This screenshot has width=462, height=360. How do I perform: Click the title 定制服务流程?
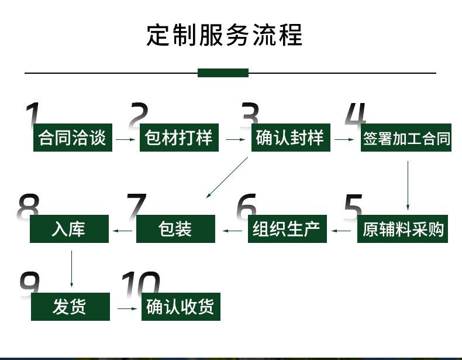[x=225, y=35]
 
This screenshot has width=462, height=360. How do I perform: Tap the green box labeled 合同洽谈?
[x=73, y=138]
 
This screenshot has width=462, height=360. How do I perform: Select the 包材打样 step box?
[x=179, y=138]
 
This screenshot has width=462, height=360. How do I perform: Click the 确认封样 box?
[x=291, y=138]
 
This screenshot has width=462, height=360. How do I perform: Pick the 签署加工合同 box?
[x=406, y=138]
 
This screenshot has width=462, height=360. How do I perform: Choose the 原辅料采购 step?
[x=402, y=229]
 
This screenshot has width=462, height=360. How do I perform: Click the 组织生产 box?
[x=287, y=229]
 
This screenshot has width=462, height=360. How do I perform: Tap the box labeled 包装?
[x=175, y=229]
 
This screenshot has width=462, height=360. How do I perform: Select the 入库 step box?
[x=69, y=229]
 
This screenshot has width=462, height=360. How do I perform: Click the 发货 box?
[x=70, y=307]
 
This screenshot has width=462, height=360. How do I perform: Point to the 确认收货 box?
[x=181, y=307]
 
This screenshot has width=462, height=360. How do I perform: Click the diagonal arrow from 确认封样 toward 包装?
[x=227, y=177]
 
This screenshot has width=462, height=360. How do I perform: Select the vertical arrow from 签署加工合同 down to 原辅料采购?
[x=408, y=186]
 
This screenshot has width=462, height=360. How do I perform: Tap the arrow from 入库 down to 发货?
[x=71, y=269]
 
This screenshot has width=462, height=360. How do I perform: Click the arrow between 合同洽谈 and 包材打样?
[x=126, y=139]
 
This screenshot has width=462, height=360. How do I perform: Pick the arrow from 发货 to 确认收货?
[x=127, y=308]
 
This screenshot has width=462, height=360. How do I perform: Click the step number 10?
[x=141, y=283]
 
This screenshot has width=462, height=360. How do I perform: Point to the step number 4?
[x=356, y=114]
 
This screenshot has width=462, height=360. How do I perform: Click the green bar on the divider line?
[x=223, y=73]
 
